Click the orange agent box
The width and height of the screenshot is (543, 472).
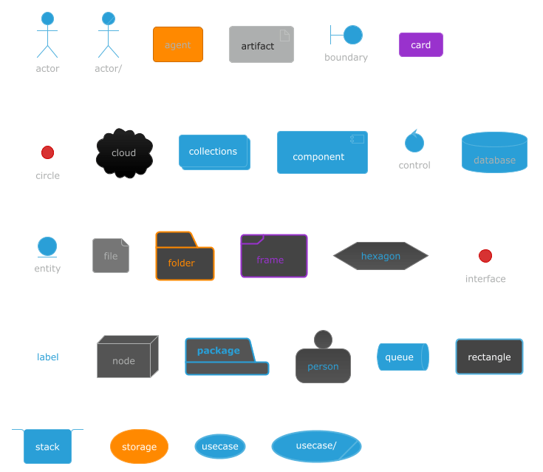[177, 44]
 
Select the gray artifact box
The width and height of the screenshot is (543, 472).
[261, 44]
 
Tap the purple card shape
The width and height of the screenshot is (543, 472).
[420, 44]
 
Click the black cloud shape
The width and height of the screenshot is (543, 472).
[124, 153]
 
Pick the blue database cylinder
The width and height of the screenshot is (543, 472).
[494, 153]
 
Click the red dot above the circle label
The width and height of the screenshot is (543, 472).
[47, 152]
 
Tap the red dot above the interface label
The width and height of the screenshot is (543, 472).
[485, 256]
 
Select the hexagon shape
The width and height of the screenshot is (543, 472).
[380, 256]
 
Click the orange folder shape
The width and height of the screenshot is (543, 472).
[185, 259]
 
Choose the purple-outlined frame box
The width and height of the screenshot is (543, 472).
[273, 257]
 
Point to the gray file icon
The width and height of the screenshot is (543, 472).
[111, 255]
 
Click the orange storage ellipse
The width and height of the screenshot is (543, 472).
[139, 446]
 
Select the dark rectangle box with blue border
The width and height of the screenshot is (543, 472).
[489, 357]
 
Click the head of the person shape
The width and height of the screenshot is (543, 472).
[323, 340]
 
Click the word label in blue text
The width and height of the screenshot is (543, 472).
[48, 357]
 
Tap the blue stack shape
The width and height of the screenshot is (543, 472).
[47, 446]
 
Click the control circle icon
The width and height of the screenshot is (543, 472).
[414, 142]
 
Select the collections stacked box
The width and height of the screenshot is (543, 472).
[214, 152]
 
